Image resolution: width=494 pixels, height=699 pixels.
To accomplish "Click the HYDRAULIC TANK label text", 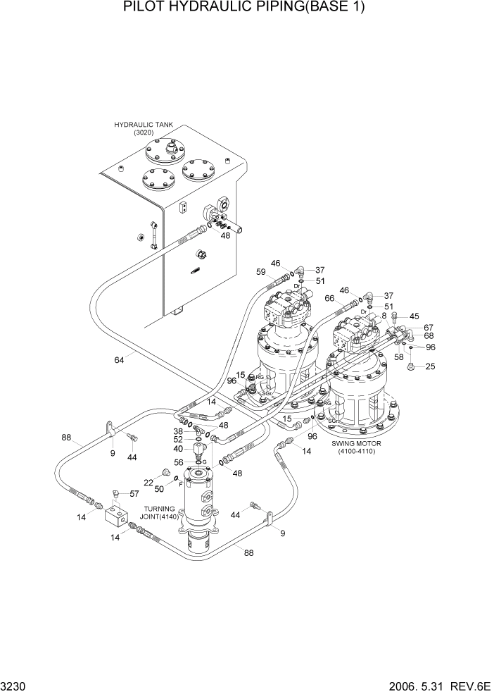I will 143,125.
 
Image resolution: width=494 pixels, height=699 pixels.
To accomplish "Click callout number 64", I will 120,360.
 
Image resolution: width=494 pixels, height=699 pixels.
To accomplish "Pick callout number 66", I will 329,297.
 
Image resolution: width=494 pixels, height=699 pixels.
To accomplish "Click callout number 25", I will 430,366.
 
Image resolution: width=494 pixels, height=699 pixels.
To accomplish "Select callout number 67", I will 429,328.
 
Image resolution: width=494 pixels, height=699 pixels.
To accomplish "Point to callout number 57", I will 134,493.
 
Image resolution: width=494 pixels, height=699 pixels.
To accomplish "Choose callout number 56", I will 179,462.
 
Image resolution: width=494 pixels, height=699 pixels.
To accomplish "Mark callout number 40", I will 179,449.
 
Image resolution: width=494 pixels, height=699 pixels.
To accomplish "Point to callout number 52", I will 179,438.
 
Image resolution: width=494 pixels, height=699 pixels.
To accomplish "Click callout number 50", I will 160,488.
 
